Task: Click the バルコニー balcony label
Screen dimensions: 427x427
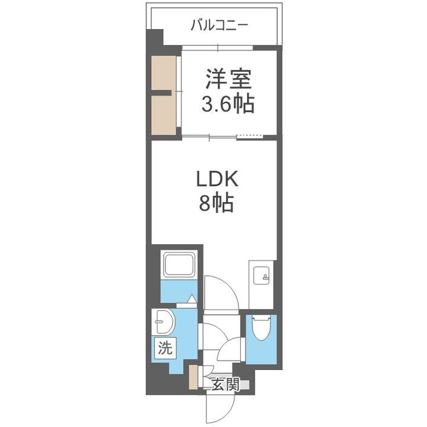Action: [219, 26]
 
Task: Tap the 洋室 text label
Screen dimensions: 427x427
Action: [230, 79]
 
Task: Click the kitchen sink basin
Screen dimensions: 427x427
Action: [261, 275]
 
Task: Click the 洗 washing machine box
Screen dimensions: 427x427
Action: [164, 349]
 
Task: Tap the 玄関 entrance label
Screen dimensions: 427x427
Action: [225, 384]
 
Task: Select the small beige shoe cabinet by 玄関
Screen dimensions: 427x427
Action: [193, 378]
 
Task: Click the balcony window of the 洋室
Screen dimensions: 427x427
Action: [217, 47]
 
